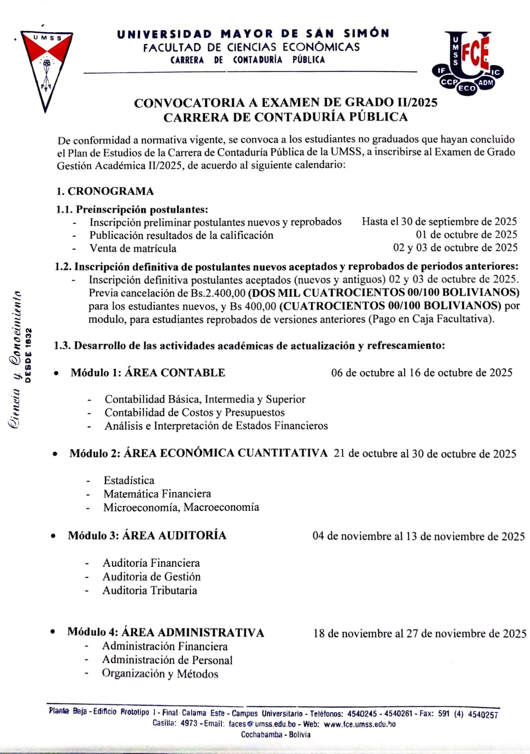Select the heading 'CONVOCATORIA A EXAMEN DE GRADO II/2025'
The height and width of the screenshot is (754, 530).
(x=286, y=103)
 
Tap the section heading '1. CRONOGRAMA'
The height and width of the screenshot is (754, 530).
(x=105, y=191)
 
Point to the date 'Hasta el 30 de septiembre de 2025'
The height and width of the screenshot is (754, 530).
(x=439, y=221)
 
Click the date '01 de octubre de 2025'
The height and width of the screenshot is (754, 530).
(x=466, y=234)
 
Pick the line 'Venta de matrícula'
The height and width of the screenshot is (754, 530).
(x=133, y=248)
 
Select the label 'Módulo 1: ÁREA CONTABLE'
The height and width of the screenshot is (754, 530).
(x=148, y=373)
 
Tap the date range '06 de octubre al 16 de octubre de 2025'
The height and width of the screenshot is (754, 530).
(x=422, y=373)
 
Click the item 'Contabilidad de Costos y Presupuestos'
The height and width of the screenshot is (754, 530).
(x=194, y=412)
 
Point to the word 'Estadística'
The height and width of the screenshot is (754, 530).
(x=129, y=480)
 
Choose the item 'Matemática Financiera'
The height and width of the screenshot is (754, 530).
(x=157, y=494)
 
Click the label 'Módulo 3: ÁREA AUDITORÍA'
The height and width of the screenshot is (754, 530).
(x=147, y=535)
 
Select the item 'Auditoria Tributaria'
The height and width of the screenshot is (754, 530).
(x=149, y=590)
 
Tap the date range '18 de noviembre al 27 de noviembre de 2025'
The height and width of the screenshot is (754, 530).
(x=419, y=633)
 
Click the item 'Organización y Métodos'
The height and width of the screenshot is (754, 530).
(x=160, y=674)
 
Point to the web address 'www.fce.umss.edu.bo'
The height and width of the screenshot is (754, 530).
(x=359, y=724)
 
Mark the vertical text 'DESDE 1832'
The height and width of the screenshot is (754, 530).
(x=28, y=355)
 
